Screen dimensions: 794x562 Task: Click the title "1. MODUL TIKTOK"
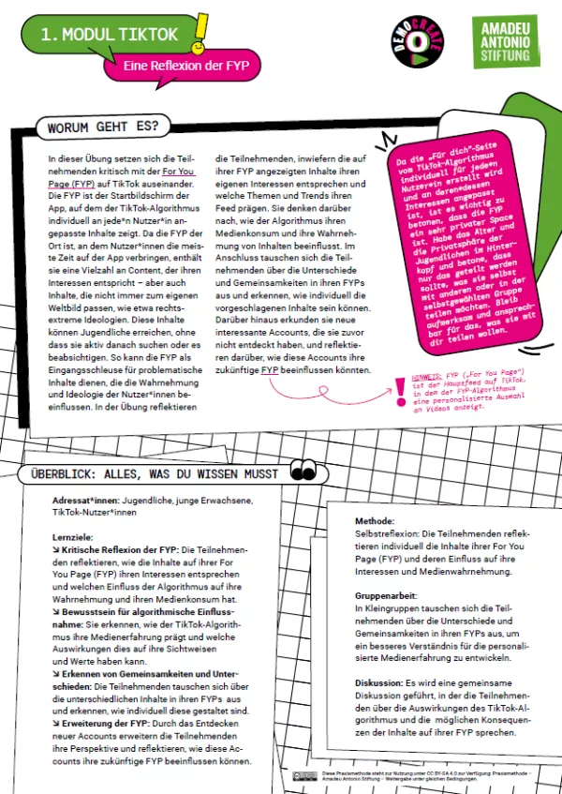[x=109, y=35]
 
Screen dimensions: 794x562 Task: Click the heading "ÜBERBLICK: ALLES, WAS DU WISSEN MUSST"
[x=155, y=473]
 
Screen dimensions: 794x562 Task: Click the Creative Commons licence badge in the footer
[x=303, y=774]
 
